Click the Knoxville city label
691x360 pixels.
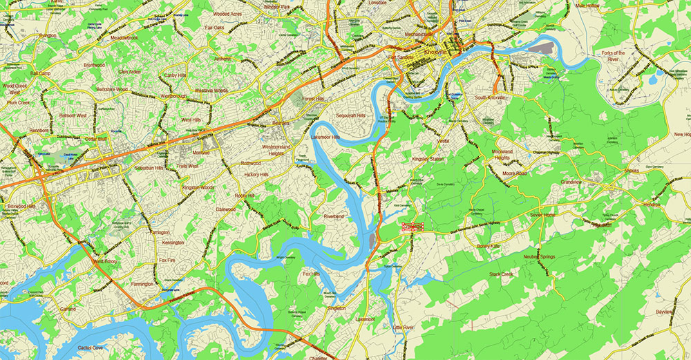438,53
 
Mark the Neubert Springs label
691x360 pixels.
540,256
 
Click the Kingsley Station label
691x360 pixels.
428,159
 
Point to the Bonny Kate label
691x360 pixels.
489,246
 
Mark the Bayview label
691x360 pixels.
664,312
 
